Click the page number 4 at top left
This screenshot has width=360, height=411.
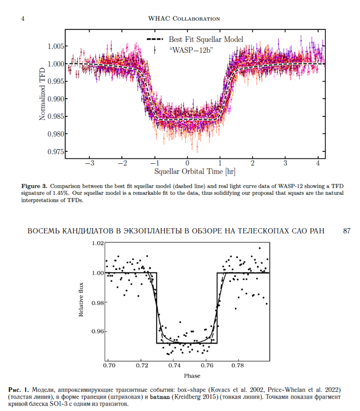pyautogui.click(x=22, y=19)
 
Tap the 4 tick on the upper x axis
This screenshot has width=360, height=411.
pyautogui.click(x=318, y=163)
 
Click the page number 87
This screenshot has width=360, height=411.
pyautogui.click(x=346, y=231)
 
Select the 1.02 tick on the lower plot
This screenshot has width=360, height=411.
pyautogui.click(x=98, y=243)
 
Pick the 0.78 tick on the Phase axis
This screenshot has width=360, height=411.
pyautogui.click(x=237, y=366)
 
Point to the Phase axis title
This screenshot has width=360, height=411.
pyautogui.click(x=191, y=376)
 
